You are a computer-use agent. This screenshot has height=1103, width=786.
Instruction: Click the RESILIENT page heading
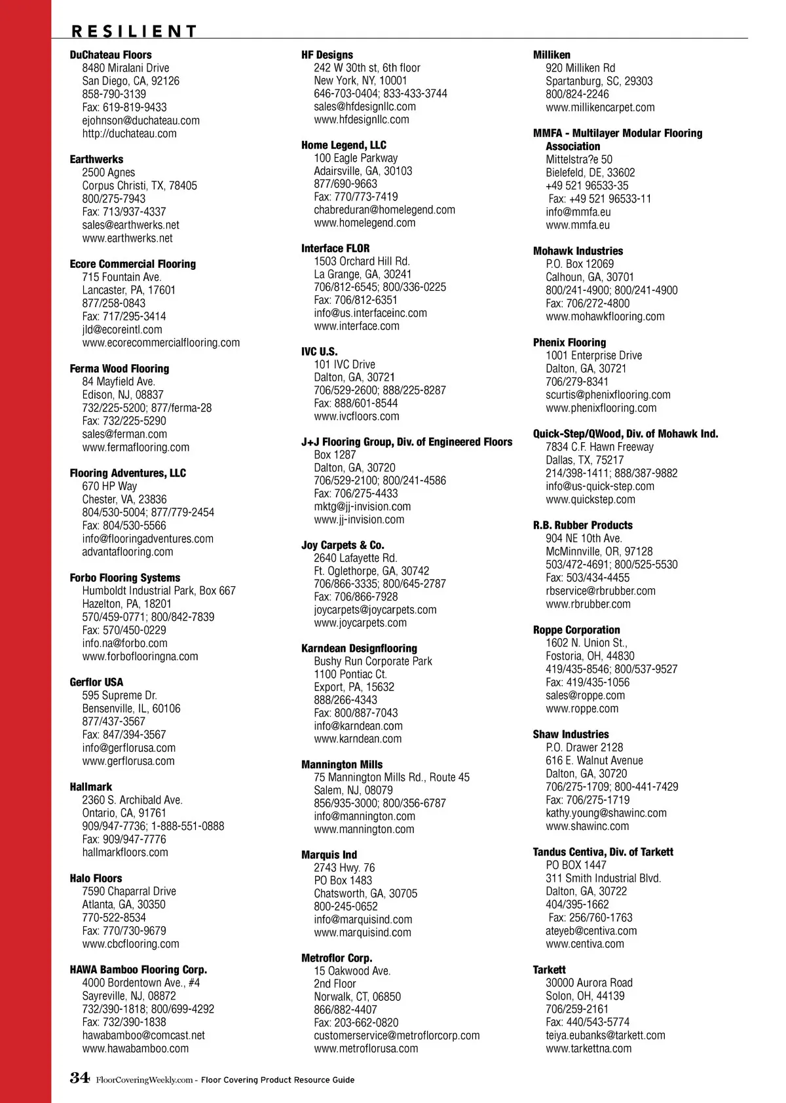(134, 31)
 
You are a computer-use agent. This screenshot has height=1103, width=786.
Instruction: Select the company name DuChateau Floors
(111, 55)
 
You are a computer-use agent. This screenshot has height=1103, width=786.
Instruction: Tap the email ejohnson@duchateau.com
(141, 121)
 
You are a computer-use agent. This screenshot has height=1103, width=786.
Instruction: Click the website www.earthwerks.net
(127, 238)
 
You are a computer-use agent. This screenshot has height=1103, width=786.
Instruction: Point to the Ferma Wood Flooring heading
(119, 369)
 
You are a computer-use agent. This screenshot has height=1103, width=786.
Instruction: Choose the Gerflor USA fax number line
(124, 735)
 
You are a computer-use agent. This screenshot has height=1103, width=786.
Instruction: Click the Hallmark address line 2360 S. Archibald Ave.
(132, 800)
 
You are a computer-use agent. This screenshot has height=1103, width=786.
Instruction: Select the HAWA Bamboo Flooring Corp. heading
(138, 970)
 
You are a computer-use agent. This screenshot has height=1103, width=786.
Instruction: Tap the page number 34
(79, 1078)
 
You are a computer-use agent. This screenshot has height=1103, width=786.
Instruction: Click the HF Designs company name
(327, 55)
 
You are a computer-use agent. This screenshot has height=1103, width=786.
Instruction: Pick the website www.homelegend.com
(364, 223)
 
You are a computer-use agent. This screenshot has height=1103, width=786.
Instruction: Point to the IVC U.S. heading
(319, 352)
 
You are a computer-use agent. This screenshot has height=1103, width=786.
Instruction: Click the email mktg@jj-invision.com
(362, 507)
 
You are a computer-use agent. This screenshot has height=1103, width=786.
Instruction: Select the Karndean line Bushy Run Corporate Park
(373, 662)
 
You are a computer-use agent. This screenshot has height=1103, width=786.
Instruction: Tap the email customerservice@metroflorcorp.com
(396, 1036)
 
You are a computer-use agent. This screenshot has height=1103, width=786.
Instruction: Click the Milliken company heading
(552, 55)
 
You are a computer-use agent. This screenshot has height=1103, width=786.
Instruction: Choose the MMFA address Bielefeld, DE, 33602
(590, 173)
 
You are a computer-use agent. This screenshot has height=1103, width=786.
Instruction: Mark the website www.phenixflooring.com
(601, 408)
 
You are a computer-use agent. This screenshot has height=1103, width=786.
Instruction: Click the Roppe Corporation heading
(576, 630)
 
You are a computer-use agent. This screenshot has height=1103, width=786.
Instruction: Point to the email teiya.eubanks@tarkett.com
(605, 1036)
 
